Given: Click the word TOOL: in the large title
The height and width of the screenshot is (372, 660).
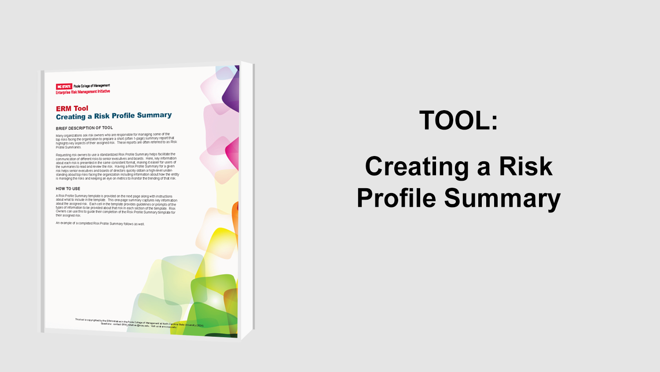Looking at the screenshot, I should coord(458,120).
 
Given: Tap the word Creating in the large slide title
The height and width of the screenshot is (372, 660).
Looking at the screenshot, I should coord(417,167).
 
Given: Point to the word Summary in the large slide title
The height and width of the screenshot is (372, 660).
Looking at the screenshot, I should coord(502,198).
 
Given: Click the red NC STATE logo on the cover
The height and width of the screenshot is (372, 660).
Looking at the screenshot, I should coord(64,86).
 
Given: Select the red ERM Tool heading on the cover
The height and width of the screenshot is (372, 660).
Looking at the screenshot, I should coord(72,108).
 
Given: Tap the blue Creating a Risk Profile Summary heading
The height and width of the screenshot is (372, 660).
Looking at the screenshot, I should coord(114,116).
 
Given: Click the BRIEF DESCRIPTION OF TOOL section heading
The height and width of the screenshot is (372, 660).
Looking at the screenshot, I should coord(84,128).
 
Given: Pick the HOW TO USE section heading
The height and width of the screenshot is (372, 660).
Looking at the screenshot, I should coord(68,189).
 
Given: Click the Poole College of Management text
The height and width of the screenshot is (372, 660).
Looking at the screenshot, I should coord(92,86).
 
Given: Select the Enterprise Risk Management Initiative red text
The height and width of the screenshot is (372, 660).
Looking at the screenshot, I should coord(83,92).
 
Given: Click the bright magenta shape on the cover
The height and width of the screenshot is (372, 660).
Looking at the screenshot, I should coord(233,152).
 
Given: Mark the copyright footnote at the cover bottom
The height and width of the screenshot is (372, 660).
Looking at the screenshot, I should coord(139,323).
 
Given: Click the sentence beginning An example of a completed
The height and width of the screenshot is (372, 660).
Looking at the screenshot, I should coord(100,223).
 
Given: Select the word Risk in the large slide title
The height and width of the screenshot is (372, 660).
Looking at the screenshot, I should coord(525,167).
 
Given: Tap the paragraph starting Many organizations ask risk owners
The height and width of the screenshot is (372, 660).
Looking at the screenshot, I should coord(116,141).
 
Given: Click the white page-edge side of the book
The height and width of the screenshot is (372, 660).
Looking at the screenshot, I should coord(247,198).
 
